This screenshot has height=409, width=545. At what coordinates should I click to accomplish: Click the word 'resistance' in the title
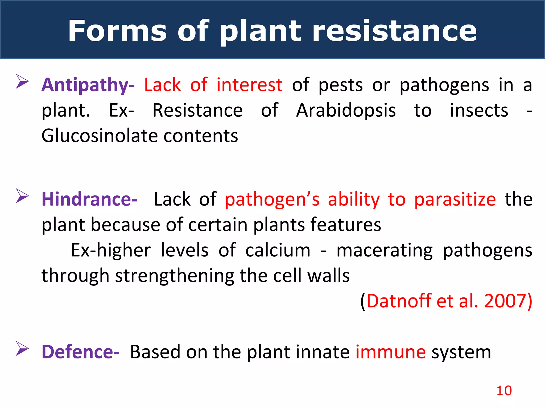tap(395, 31)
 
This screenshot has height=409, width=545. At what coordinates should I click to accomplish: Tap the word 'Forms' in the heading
tap(117, 31)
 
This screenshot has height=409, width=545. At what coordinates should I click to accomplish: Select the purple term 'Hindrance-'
tap(89, 199)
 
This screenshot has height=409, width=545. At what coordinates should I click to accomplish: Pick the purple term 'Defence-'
tap(81, 352)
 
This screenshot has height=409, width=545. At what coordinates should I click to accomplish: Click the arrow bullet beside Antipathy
tap(22, 81)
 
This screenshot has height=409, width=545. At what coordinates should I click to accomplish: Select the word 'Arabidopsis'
tap(346, 111)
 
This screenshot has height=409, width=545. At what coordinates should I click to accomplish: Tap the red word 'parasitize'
tap(455, 199)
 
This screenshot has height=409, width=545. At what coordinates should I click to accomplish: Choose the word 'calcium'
tap(278, 251)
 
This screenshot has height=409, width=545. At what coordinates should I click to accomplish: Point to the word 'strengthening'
tap(175, 276)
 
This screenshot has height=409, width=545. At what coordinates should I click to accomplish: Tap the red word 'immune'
tap(391, 352)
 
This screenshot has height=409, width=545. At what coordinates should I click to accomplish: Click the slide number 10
tap(504, 391)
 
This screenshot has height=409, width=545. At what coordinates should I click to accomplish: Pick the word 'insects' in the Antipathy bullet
tap(479, 111)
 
